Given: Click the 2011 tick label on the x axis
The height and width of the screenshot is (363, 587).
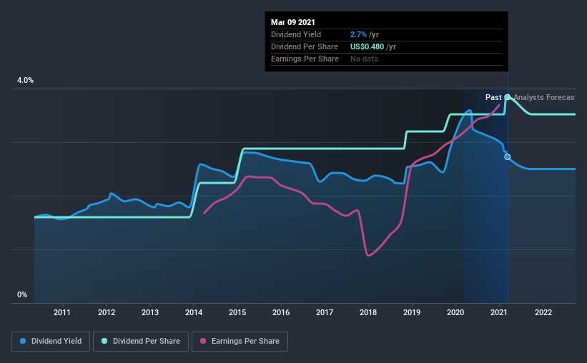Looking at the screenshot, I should click(62, 312).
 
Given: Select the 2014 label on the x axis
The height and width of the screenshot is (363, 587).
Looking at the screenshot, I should click(194, 312).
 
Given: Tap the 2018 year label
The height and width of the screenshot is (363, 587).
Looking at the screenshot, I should click(368, 312).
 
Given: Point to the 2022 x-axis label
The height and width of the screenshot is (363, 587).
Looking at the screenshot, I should click(543, 312).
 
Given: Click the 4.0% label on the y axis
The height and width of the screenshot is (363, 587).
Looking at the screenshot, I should click(25, 81).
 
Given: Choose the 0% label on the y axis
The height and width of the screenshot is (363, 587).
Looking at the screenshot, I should click(22, 294).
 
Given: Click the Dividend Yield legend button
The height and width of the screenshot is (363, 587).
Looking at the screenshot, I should click(51, 342).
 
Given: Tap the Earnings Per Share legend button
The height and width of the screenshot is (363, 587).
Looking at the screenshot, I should click(240, 342).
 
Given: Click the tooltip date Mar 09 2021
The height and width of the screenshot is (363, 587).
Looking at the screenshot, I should click(293, 22).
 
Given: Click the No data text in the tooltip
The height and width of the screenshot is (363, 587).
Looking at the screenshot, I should click(364, 59).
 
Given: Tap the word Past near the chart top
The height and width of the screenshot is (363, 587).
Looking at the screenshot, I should click(493, 97).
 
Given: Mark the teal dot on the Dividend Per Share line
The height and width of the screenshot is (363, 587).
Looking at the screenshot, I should click(508, 97).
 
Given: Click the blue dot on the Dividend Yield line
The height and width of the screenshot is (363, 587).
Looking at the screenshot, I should click(508, 156).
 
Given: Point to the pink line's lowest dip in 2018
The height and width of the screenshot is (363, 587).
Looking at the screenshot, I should click(368, 255).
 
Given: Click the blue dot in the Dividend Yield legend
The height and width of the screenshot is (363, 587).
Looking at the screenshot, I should click(23, 342).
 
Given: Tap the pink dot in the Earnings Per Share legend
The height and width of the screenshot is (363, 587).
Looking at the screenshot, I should click(202, 342).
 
